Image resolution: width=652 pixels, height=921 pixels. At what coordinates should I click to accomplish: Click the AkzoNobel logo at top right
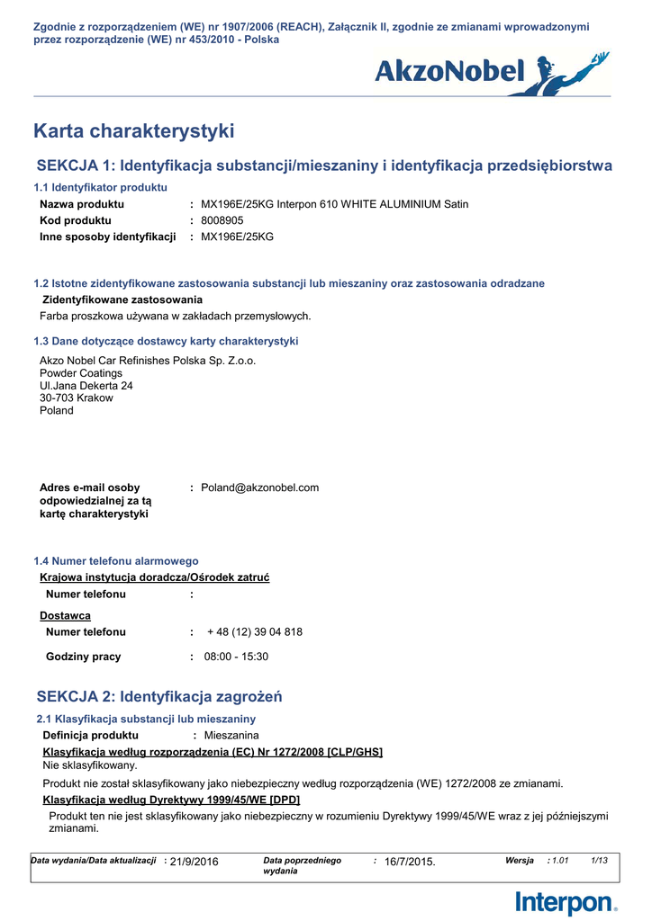(x=492, y=72)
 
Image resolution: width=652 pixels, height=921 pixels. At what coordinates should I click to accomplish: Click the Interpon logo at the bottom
(x=566, y=902)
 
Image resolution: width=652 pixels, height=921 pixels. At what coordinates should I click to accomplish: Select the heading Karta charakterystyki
(x=133, y=131)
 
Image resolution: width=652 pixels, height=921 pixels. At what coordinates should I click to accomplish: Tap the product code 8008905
(x=222, y=220)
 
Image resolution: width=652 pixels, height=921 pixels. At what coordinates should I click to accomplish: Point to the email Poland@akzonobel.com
(x=259, y=487)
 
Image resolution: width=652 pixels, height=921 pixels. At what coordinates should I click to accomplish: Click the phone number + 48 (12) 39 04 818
(x=255, y=632)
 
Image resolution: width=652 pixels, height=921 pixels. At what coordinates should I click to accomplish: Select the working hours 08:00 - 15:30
(x=236, y=657)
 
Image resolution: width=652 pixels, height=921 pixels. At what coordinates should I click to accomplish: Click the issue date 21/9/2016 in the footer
(x=194, y=862)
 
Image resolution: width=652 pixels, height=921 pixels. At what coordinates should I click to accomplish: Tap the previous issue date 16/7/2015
(x=409, y=862)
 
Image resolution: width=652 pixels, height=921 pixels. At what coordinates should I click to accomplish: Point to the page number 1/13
(x=599, y=861)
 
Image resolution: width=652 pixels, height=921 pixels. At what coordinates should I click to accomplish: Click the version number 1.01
(x=560, y=861)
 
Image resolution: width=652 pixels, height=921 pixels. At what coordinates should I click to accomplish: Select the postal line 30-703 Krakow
(x=77, y=398)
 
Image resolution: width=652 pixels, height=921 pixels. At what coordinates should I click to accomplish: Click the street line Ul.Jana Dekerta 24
(x=86, y=385)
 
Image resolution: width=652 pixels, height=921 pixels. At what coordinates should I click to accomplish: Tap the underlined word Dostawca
(x=65, y=615)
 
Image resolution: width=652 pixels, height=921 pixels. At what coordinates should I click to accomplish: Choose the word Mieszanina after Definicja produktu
(x=231, y=736)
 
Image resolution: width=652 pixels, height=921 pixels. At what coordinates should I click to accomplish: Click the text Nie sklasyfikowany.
(x=90, y=765)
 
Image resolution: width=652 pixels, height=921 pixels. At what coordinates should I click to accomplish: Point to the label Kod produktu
(x=76, y=220)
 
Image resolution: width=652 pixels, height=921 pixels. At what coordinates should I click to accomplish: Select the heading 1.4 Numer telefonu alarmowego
(x=116, y=560)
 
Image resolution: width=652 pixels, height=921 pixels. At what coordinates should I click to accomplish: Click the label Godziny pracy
(x=83, y=657)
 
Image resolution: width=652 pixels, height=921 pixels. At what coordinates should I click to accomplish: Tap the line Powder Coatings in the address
(x=81, y=373)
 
